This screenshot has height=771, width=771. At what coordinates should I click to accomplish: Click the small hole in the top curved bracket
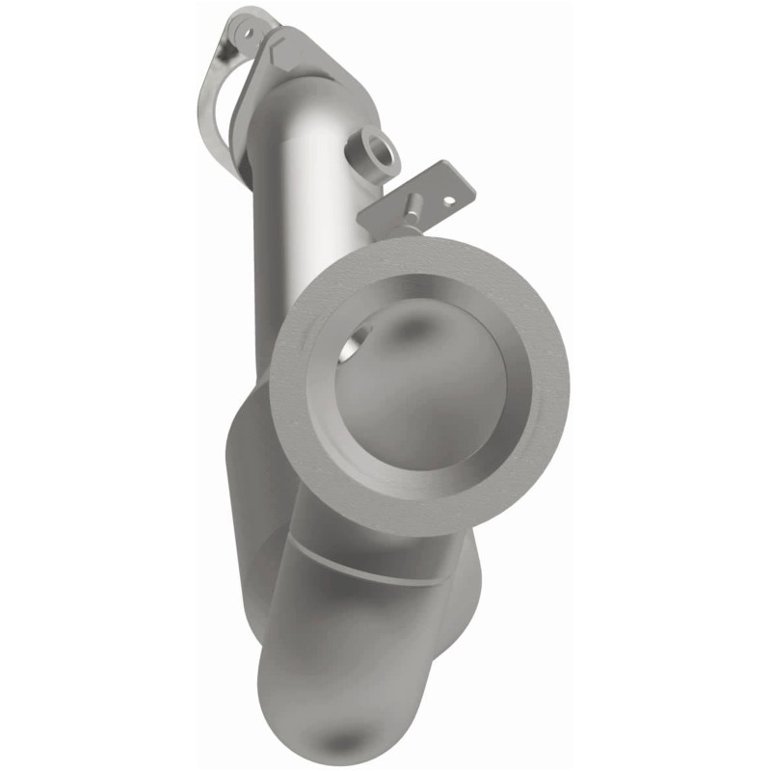point(247,33)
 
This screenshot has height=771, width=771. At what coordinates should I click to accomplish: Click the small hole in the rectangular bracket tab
point(446,200)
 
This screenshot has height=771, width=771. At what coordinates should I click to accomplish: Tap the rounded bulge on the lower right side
point(467,578)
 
